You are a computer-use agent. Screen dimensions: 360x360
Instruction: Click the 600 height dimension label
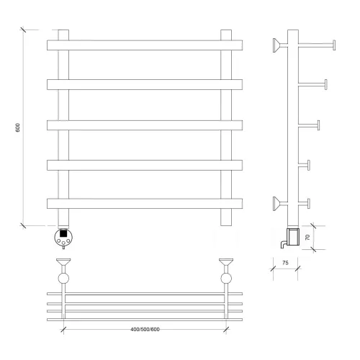click(17, 127)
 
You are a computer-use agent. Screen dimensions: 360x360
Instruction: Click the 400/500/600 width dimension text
click(145, 329)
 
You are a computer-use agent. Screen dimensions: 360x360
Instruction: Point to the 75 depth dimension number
click(285, 263)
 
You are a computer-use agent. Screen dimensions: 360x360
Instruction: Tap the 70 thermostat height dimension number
click(307, 238)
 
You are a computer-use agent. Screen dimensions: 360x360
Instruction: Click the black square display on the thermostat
click(63, 233)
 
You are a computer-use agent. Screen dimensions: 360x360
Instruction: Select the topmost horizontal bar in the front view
click(145, 45)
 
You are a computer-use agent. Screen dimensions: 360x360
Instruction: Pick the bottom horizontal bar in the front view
click(145, 204)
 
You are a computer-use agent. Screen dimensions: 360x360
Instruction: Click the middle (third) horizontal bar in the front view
click(145, 125)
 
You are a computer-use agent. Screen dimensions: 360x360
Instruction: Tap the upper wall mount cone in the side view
click(276, 45)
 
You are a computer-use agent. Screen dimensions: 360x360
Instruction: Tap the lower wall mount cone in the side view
click(276, 204)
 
